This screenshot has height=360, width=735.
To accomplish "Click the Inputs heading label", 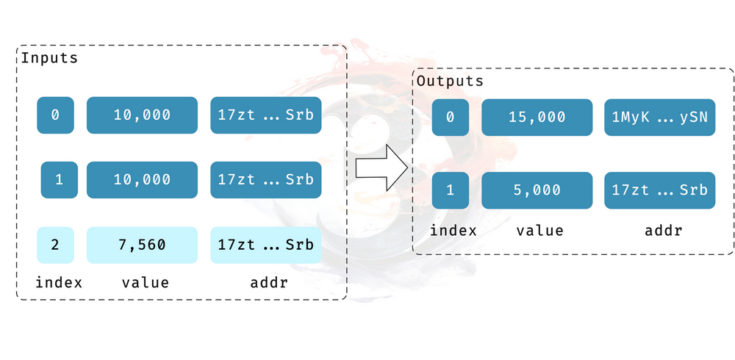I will [49, 58].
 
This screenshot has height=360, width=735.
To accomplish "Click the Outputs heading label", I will [450, 81].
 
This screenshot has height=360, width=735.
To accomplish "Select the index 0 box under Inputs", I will [56, 115].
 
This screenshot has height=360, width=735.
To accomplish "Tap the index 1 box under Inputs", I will [59, 180].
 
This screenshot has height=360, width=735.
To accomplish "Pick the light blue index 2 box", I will [56, 245].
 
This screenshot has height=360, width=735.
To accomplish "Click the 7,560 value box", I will [142, 245].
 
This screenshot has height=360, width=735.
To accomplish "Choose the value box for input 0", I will [142, 115].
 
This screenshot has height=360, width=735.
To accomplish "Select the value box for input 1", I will [142, 180].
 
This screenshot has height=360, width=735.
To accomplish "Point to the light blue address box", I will [265, 245].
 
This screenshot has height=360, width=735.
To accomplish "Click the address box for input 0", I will [265, 115].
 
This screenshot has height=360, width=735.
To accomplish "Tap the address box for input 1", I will [265, 180].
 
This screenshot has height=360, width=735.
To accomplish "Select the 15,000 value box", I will [537, 117].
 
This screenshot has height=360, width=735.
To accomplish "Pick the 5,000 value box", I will [537, 190].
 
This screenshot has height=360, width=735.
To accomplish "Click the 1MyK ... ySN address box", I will [660, 117].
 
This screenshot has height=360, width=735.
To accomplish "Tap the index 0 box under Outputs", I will [451, 117].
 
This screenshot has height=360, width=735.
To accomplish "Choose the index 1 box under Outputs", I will [451, 190].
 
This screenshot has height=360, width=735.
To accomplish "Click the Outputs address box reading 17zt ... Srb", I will [660, 190].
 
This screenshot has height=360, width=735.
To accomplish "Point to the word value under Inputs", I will [146, 283].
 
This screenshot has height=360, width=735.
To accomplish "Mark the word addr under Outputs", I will [663, 231].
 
